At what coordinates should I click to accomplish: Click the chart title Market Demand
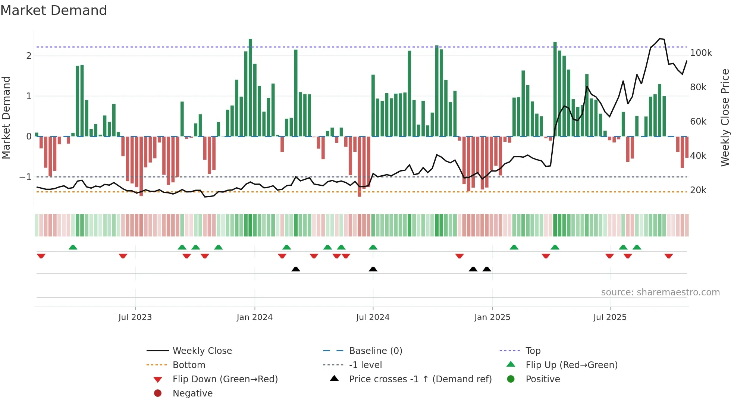coord(54,10)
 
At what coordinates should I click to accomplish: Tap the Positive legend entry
coord(543,379)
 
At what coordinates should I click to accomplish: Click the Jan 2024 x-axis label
coord(254,317)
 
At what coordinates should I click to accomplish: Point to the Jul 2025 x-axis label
coord(610,317)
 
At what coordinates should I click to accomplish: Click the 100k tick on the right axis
coord(701,53)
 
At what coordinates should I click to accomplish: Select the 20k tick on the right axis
coord(698,190)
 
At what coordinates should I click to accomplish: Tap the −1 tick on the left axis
coord(25,177)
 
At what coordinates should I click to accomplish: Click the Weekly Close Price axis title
coord(725,117)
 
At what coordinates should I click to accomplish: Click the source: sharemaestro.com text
coord(660,292)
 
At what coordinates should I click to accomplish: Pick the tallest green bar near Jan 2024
coord(250,88)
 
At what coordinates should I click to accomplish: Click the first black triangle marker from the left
coord(296,269)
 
